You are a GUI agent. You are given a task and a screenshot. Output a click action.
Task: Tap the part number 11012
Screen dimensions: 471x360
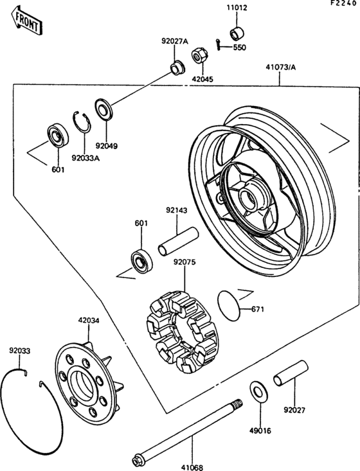click(x=237, y=8)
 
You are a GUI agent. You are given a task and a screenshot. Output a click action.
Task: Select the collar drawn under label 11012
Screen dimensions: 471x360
click(x=238, y=33)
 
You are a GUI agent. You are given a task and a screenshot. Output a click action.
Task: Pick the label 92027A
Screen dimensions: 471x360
click(x=174, y=41)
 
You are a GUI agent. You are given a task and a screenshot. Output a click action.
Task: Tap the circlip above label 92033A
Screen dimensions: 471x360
click(x=82, y=121)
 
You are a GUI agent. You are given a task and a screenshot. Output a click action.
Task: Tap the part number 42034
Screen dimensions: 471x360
click(x=88, y=320)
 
